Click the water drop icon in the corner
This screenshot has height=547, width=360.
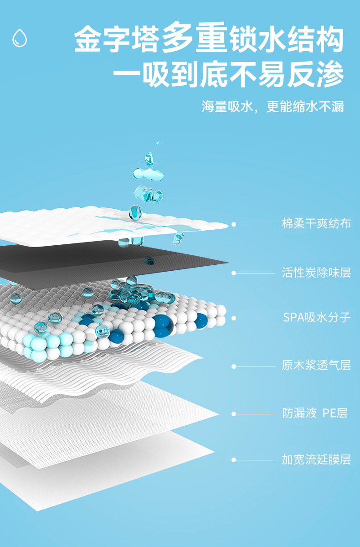(20, 38)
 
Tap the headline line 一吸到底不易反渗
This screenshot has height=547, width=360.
(228, 74)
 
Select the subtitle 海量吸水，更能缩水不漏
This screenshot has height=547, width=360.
(273, 107)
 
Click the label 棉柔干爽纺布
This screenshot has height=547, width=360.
(316, 224)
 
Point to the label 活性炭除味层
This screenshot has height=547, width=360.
(316, 273)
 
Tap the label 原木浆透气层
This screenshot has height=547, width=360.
(316, 366)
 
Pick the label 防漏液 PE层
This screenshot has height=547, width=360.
(315, 413)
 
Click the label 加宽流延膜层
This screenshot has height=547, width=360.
(316, 459)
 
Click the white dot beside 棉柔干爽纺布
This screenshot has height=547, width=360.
(234, 224)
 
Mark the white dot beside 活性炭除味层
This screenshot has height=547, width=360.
(234, 273)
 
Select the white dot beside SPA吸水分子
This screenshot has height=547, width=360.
(234, 318)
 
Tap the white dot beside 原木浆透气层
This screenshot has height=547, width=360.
(234, 366)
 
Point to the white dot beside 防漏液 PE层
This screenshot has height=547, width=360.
(234, 414)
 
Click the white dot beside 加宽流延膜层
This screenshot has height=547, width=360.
(234, 460)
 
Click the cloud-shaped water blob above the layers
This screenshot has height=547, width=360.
(148, 173)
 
